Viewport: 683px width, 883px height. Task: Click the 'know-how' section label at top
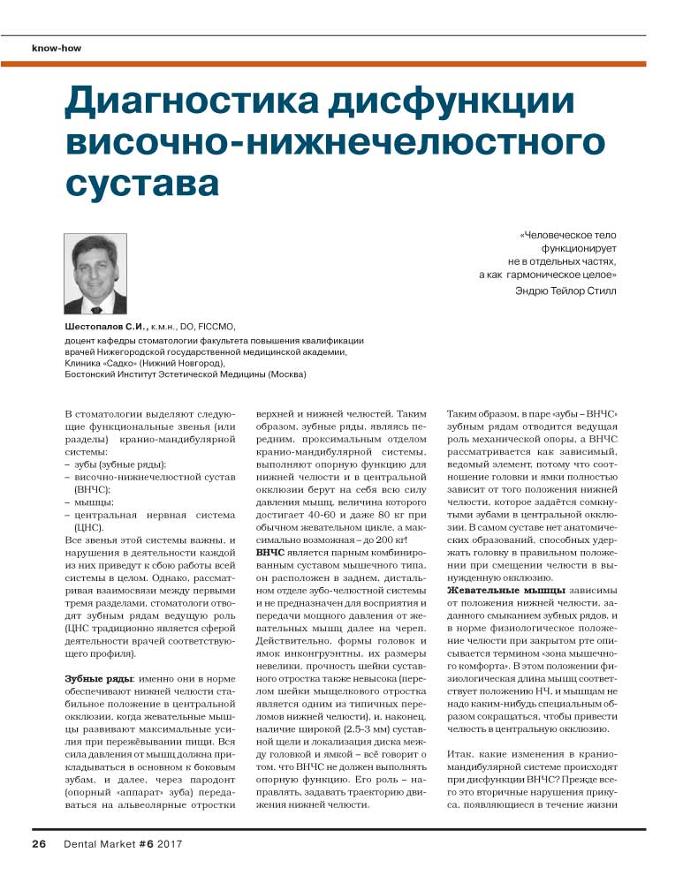57,48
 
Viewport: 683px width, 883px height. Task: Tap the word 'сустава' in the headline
142,184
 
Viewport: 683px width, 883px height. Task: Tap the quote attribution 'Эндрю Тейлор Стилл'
565,290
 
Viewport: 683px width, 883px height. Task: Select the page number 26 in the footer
40,843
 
